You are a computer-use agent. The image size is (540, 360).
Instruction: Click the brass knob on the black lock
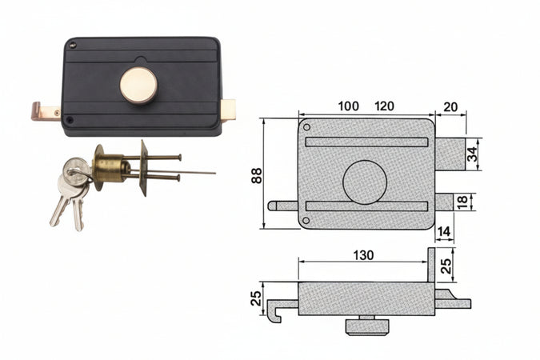click(138, 86)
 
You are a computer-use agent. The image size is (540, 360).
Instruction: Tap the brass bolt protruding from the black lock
click(228, 110)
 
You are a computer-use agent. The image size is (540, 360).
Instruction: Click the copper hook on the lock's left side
click(46, 111)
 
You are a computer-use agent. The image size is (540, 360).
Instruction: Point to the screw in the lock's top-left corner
click(72, 44)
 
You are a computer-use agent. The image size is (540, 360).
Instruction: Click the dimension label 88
click(257, 175)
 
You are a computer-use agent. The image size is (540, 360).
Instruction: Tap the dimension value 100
click(348, 106)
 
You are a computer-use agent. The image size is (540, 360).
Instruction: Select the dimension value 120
click(384, 106)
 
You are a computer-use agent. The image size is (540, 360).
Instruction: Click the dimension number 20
click(450, 107)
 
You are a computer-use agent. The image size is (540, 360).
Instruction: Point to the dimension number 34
click(473, 154)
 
